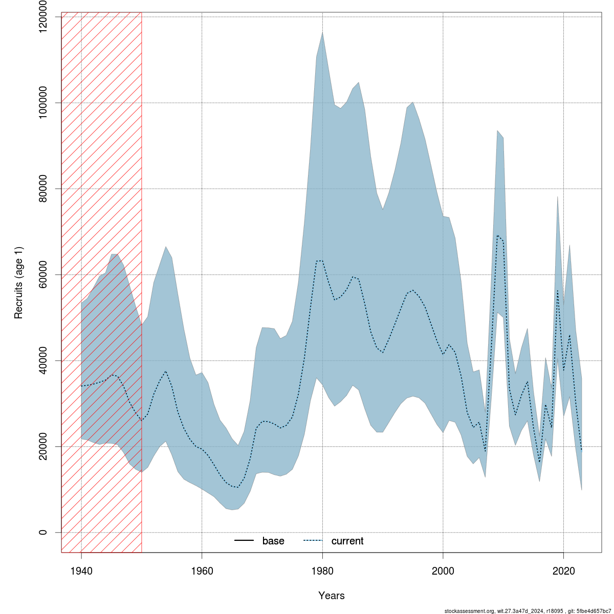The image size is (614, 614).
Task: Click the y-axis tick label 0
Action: point(43,532)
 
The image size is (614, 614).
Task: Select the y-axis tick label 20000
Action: point(43,446)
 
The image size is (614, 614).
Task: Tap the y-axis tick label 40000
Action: point(43,360)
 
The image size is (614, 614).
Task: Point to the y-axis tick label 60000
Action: point(43,275)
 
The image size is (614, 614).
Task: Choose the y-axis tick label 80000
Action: point(43,189)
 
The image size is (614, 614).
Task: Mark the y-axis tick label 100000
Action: point(43,103)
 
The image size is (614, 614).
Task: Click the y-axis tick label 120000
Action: point(43,17)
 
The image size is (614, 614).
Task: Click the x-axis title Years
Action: point(332,596)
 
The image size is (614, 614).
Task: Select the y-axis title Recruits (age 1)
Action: point(18,275)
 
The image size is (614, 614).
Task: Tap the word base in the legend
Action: point(273,541)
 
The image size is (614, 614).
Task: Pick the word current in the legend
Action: point(347,541)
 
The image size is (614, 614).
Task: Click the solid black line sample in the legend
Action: point(244,541)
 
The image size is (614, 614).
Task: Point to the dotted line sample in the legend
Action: point(314,541)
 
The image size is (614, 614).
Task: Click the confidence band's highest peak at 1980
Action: point(322,32)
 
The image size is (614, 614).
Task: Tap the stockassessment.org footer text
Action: point(527,611)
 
